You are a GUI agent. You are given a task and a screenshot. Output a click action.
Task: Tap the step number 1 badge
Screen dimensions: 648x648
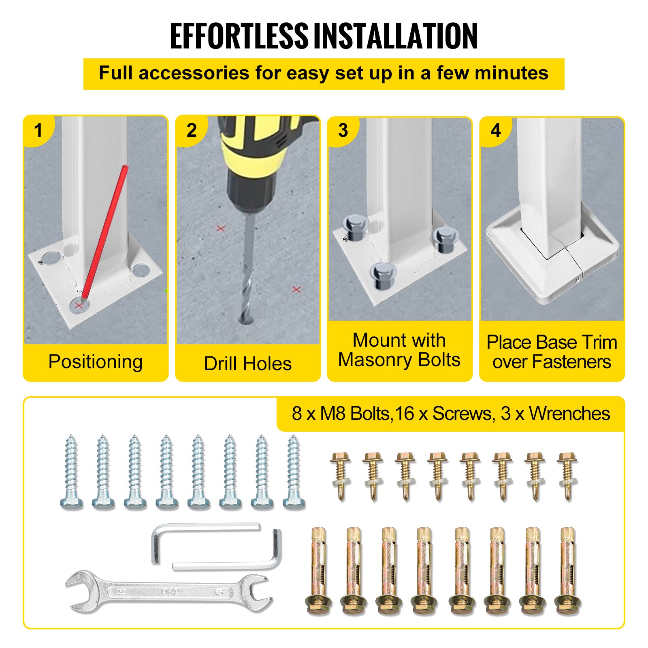click(38, 130)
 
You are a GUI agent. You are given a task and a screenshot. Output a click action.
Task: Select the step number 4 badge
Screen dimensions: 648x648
click(496, 130)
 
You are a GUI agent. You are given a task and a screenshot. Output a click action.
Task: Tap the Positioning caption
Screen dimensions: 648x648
click(95, 362)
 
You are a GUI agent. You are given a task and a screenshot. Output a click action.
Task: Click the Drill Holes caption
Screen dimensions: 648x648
click(247, 363)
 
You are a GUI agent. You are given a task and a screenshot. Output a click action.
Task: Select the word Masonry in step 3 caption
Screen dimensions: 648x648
click(375, 360)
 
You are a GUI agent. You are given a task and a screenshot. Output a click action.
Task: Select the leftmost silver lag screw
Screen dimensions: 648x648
click(72, 472)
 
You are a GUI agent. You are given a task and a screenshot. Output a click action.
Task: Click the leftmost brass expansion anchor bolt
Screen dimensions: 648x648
click(318, 571)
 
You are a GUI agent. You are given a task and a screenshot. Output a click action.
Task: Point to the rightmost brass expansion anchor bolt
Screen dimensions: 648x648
click(568, 571)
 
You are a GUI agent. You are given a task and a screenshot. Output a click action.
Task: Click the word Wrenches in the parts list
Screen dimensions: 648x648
click(569, 414)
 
